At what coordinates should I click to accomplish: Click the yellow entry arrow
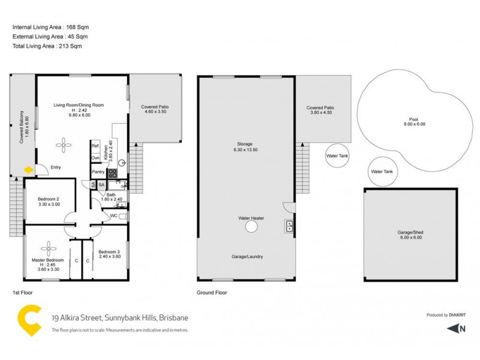point(28,170)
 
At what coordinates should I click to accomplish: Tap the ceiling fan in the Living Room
point(63,143)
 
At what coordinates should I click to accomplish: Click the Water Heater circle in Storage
point(251,227)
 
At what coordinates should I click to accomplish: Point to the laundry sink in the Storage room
point(289,226)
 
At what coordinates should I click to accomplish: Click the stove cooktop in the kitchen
point(112,172)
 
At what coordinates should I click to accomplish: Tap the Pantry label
point(98,172)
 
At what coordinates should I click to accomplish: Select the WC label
point(113,216)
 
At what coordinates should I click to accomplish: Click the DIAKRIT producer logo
point(457,315)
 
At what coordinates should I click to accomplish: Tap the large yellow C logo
point(29,321)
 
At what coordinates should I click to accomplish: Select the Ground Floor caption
point(212,293)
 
